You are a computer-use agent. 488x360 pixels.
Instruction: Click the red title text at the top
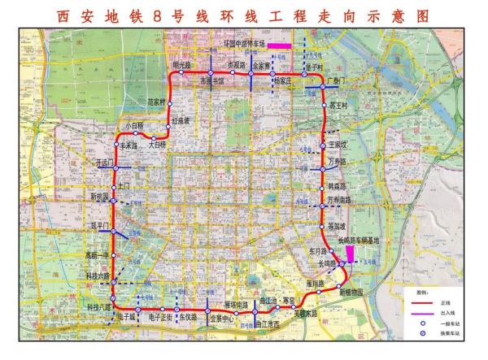[x=244, y=15]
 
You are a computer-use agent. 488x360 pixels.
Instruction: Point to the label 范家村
[x=155, y=102]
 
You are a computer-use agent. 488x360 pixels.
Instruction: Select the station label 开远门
[x=104, y=163]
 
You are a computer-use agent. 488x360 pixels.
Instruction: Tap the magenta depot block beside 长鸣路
[x=350, y=255]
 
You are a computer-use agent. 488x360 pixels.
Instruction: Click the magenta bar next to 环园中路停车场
[x=281, y=44]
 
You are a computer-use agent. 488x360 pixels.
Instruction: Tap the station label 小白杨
[x=133, y=126]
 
